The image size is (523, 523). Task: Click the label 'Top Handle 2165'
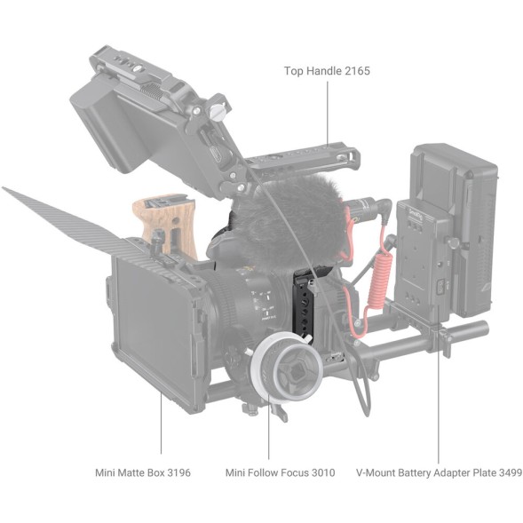[x=327, y=70]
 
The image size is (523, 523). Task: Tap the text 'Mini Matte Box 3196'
[x=143, y=472]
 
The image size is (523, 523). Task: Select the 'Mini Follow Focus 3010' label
[x=280, y=472]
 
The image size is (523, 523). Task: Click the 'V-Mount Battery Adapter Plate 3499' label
[x=439, y=472]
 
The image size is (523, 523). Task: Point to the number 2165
[x=356, y=70]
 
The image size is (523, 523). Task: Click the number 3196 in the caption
[x=177, y=472]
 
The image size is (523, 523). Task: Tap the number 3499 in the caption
[x=507, y=472]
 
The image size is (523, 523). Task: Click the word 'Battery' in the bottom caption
[x=422, y=472]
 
